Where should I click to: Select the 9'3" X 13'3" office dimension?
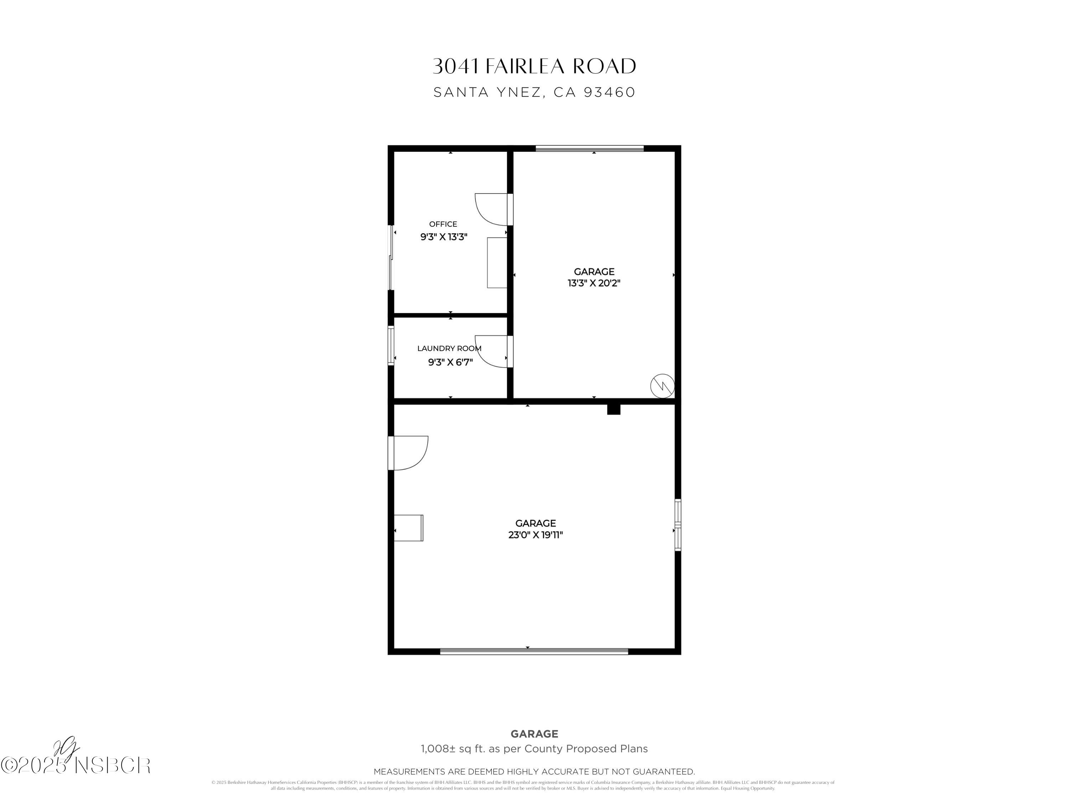[x=444, y=237]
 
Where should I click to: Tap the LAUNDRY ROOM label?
[x=449, y=348]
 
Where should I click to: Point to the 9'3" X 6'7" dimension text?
[x=450, y=362]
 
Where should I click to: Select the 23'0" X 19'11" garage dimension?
[x=536, y=535]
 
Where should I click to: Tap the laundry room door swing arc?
[x=489, y=353]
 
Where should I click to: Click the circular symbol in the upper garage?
[x=662, y=386]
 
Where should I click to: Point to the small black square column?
[x=613, y=410]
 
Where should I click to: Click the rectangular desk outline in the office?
[x=497, y=262]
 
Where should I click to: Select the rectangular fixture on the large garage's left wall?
[x=409, y=528]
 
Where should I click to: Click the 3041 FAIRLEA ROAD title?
[x=534, y=66]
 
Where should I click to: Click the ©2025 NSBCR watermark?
[x=76, y=766]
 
